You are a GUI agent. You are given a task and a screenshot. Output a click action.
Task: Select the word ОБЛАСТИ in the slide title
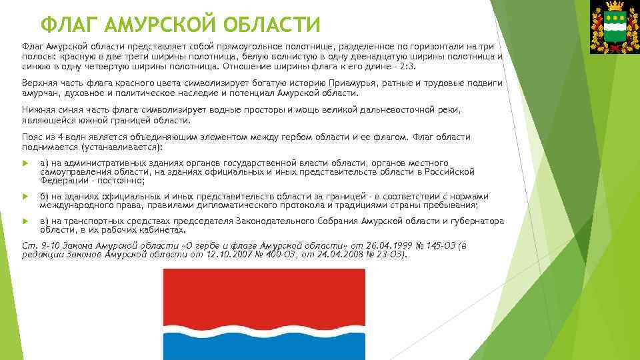(274, 25)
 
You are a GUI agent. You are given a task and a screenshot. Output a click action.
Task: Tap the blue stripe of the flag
(264, 347)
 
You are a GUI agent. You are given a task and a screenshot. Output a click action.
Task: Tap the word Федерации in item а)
(64, 180)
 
